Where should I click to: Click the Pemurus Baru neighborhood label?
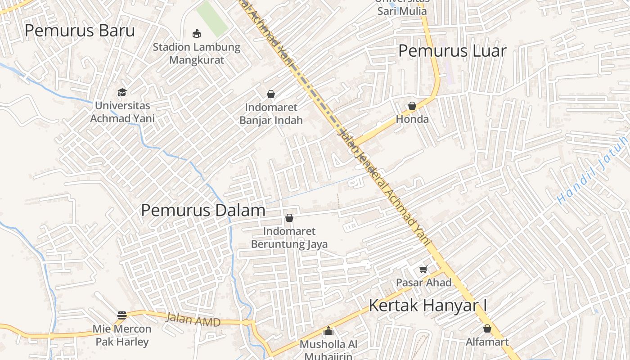(80, 31)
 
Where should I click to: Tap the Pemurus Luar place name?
(452, 51)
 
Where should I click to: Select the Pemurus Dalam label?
(203, 210)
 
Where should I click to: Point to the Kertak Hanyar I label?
(428, 305)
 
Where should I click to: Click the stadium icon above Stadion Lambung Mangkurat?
(197, 33)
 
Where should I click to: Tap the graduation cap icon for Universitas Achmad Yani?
(122, 92)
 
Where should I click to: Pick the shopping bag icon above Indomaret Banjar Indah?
(271, 94)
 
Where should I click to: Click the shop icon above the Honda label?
(412, 106)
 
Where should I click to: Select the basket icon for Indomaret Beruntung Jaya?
(289, 218)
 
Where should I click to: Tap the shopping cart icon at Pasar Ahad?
(423, 269)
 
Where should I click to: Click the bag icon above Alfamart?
(487, 328)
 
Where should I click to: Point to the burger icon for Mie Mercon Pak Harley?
(122, 315)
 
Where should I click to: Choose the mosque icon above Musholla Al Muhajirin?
(328, 331)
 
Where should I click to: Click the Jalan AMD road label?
(193, 320)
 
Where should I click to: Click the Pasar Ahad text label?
(423, 283)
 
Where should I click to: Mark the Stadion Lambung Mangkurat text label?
(197, 53)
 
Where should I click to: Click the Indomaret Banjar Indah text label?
(271, 114)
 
